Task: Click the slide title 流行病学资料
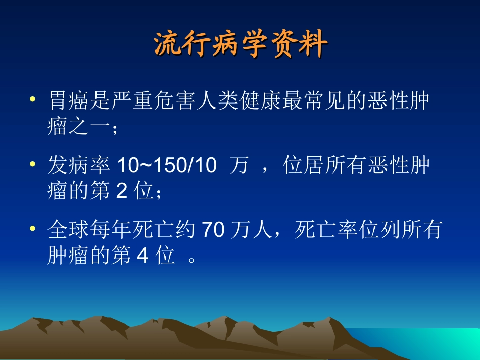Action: (x=241, y=45)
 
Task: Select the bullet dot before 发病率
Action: (x=33, y=165)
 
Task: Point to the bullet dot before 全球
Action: (x=33, y=229)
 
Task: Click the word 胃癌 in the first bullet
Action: (x=71, y=100)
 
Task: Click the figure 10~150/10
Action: (x=166, y=165)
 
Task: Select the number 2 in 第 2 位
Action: (x=121, y=192)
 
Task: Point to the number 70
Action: (x=213, y=230)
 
